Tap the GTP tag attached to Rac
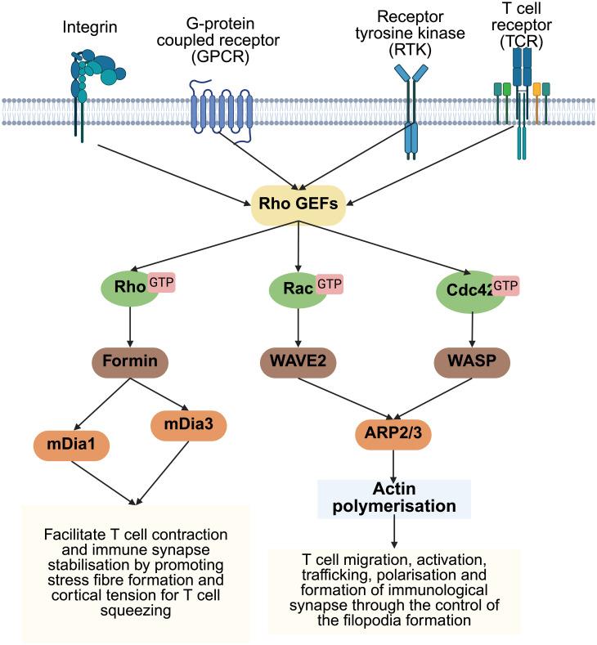pos(329,284)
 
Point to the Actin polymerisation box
pos(395,498)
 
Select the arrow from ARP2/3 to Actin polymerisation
pos(395,463)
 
